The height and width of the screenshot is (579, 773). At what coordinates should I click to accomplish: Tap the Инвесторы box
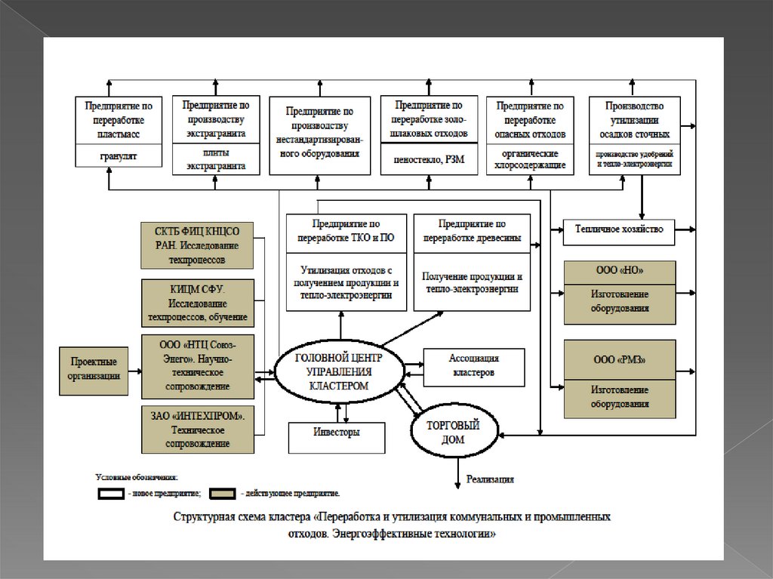coord(337,433)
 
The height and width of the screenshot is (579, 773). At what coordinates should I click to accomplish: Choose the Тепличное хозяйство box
coord(619,229)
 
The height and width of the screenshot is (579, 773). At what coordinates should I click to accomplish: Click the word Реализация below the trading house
coord(490,478)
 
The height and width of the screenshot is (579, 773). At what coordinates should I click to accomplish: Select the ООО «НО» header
coord(620,270)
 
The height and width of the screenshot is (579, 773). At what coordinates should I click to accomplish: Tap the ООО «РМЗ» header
coord(620,359)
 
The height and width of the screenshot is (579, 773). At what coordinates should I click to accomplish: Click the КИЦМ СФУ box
coord(198,302)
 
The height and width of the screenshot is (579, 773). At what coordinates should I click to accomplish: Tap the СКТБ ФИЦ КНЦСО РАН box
coord(198,245)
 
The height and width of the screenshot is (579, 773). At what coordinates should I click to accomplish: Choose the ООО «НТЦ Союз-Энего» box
coord(198,366)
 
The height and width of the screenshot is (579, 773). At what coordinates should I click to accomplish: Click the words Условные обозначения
coord(136,476)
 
